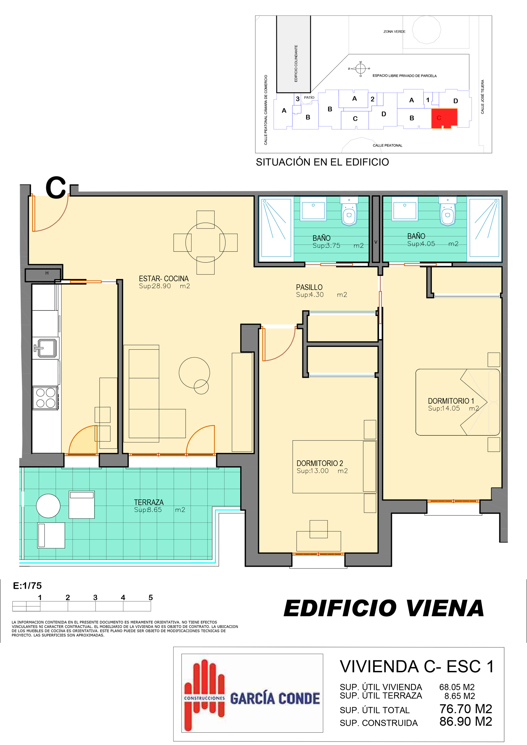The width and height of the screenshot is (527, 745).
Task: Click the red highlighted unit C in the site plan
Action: [x=444, y=118]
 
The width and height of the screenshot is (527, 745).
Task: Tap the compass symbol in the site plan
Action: [x=360, y=68]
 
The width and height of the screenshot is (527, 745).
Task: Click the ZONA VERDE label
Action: [x=394, y=32]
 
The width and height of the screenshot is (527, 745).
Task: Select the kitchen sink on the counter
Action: [x=46, y=348]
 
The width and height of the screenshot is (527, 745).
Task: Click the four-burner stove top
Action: [x=45, y=398]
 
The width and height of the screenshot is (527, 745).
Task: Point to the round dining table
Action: [x=206, y=243]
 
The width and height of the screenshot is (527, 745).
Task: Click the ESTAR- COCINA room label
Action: [x=164, y=278]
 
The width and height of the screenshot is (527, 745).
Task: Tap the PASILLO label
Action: [x=309, y=287]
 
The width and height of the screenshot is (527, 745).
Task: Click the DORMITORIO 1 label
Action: [x=451, y=401]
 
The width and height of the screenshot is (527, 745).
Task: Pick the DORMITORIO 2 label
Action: [x=320, y=463]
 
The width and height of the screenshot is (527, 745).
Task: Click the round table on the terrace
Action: [x=48, y=506]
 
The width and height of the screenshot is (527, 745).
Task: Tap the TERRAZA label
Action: [x=149, y=502]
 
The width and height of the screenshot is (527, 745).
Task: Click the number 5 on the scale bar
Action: [x=151, y=598]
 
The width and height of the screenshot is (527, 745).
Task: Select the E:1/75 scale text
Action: [x=27, y=586]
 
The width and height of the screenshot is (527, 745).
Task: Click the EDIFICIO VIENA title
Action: [x=384, y=608]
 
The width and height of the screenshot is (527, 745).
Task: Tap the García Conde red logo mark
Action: [x=204, y=695]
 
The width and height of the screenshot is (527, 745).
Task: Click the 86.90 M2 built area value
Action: [x=466, y=721]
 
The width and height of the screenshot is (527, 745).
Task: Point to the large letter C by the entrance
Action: [x=56, y=187]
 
